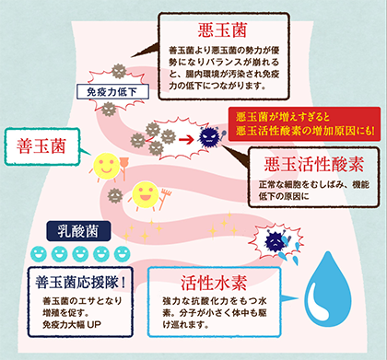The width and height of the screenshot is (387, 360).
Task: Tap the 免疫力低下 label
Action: pos(107,92)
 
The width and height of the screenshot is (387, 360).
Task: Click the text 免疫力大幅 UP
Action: pos(75,327)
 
